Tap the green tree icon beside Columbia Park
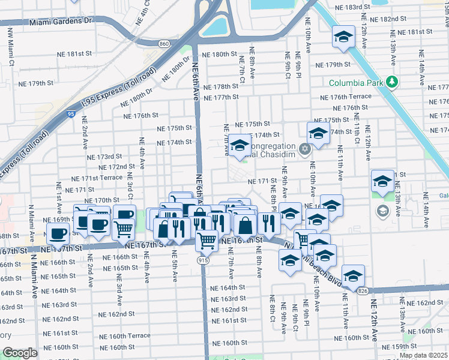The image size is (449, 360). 392,81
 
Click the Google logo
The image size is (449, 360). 20,353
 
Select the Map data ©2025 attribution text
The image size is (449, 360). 423,355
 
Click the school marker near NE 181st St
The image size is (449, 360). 344,37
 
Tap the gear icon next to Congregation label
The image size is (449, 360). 305,148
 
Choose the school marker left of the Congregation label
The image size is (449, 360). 240,146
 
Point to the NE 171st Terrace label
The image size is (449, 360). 97,179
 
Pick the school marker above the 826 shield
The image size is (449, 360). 354,275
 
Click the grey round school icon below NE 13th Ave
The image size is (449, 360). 382,211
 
